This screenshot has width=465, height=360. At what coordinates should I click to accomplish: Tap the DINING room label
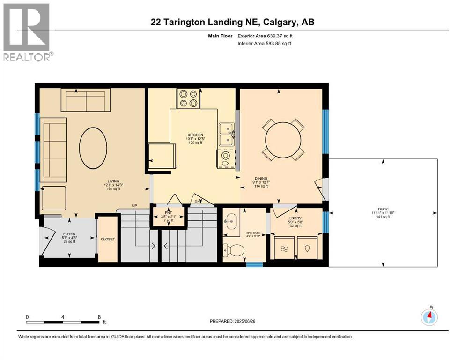tap(261, 178)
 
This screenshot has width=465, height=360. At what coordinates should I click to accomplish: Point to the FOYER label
tap(69, 233)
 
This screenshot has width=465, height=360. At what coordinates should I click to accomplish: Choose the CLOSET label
tap(108, 239)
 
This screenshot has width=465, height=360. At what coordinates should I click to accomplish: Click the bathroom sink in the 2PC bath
tap(231, 220)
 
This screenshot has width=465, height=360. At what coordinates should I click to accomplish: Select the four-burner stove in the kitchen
tap(188, 98)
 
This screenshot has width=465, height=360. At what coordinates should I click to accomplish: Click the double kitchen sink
tap(227, 134)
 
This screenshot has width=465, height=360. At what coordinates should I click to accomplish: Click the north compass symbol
tap(429, 317)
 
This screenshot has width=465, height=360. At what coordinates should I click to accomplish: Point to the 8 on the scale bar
tap(99, 316)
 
